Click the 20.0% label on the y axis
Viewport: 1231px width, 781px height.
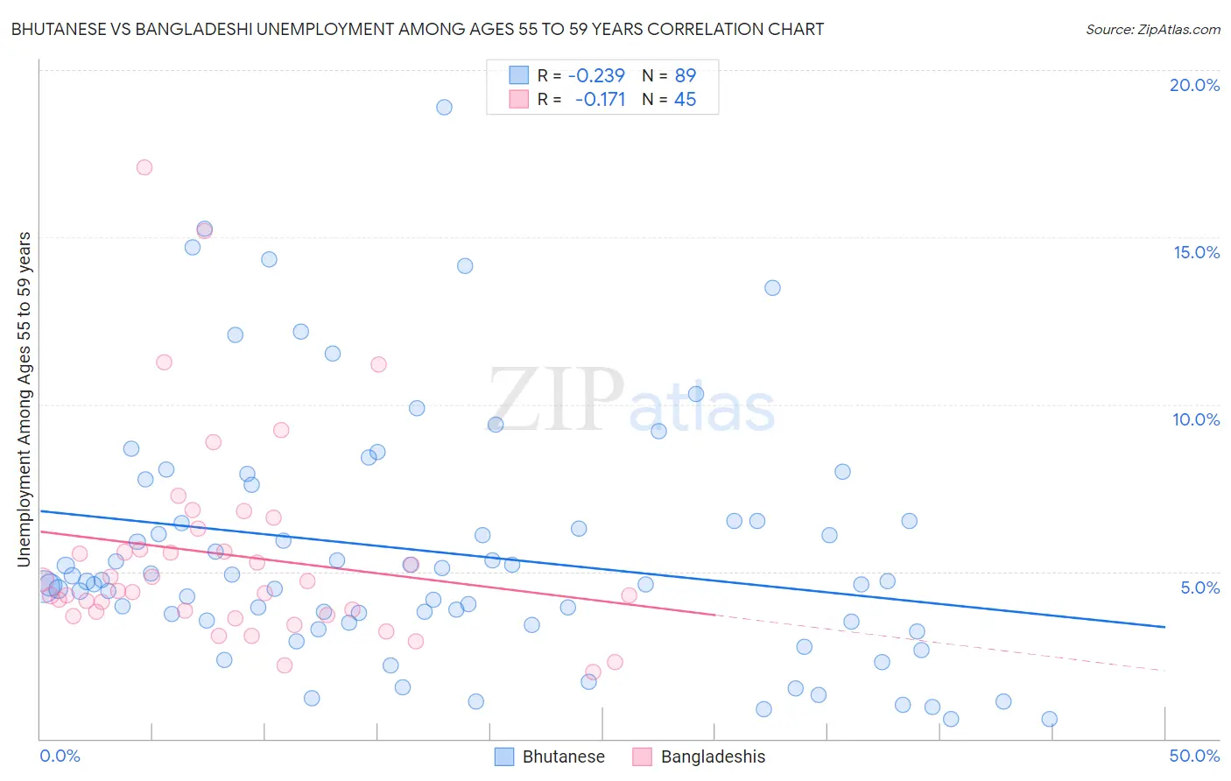[x=1194, y=85]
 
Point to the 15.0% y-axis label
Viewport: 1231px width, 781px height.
[x=1196, y=252]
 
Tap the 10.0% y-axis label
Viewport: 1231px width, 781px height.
[x=1196, y=419]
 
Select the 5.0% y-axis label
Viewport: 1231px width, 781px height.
[x=1199, y=588]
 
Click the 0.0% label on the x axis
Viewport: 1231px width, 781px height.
[x=60, y=756]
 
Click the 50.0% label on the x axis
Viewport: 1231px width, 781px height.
[x=1194, y=756]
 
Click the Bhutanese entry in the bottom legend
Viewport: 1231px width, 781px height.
[x=563, y=756]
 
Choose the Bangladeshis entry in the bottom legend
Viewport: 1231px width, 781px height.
[x=713, y=756]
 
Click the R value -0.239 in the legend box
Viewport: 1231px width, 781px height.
[x=596, y=76]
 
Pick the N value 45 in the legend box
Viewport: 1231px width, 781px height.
[x=685, y=100]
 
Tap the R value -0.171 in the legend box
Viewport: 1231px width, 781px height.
[x=600, y=100]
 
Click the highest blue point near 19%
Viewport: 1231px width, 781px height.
[x=444, y=107]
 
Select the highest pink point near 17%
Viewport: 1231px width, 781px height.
[x=144, y=167]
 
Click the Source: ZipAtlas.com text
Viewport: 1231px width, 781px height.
[x=1152, y=30]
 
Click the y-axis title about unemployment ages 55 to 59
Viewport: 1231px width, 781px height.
[x=24, y=398]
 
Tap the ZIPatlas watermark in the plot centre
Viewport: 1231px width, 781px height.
[x=630, y=401]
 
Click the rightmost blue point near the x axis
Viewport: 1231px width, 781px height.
[x=1049, y=719]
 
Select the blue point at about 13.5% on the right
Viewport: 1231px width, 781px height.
[x=772, y=288]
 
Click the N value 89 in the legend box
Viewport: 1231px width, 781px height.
[x=685, y=76]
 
